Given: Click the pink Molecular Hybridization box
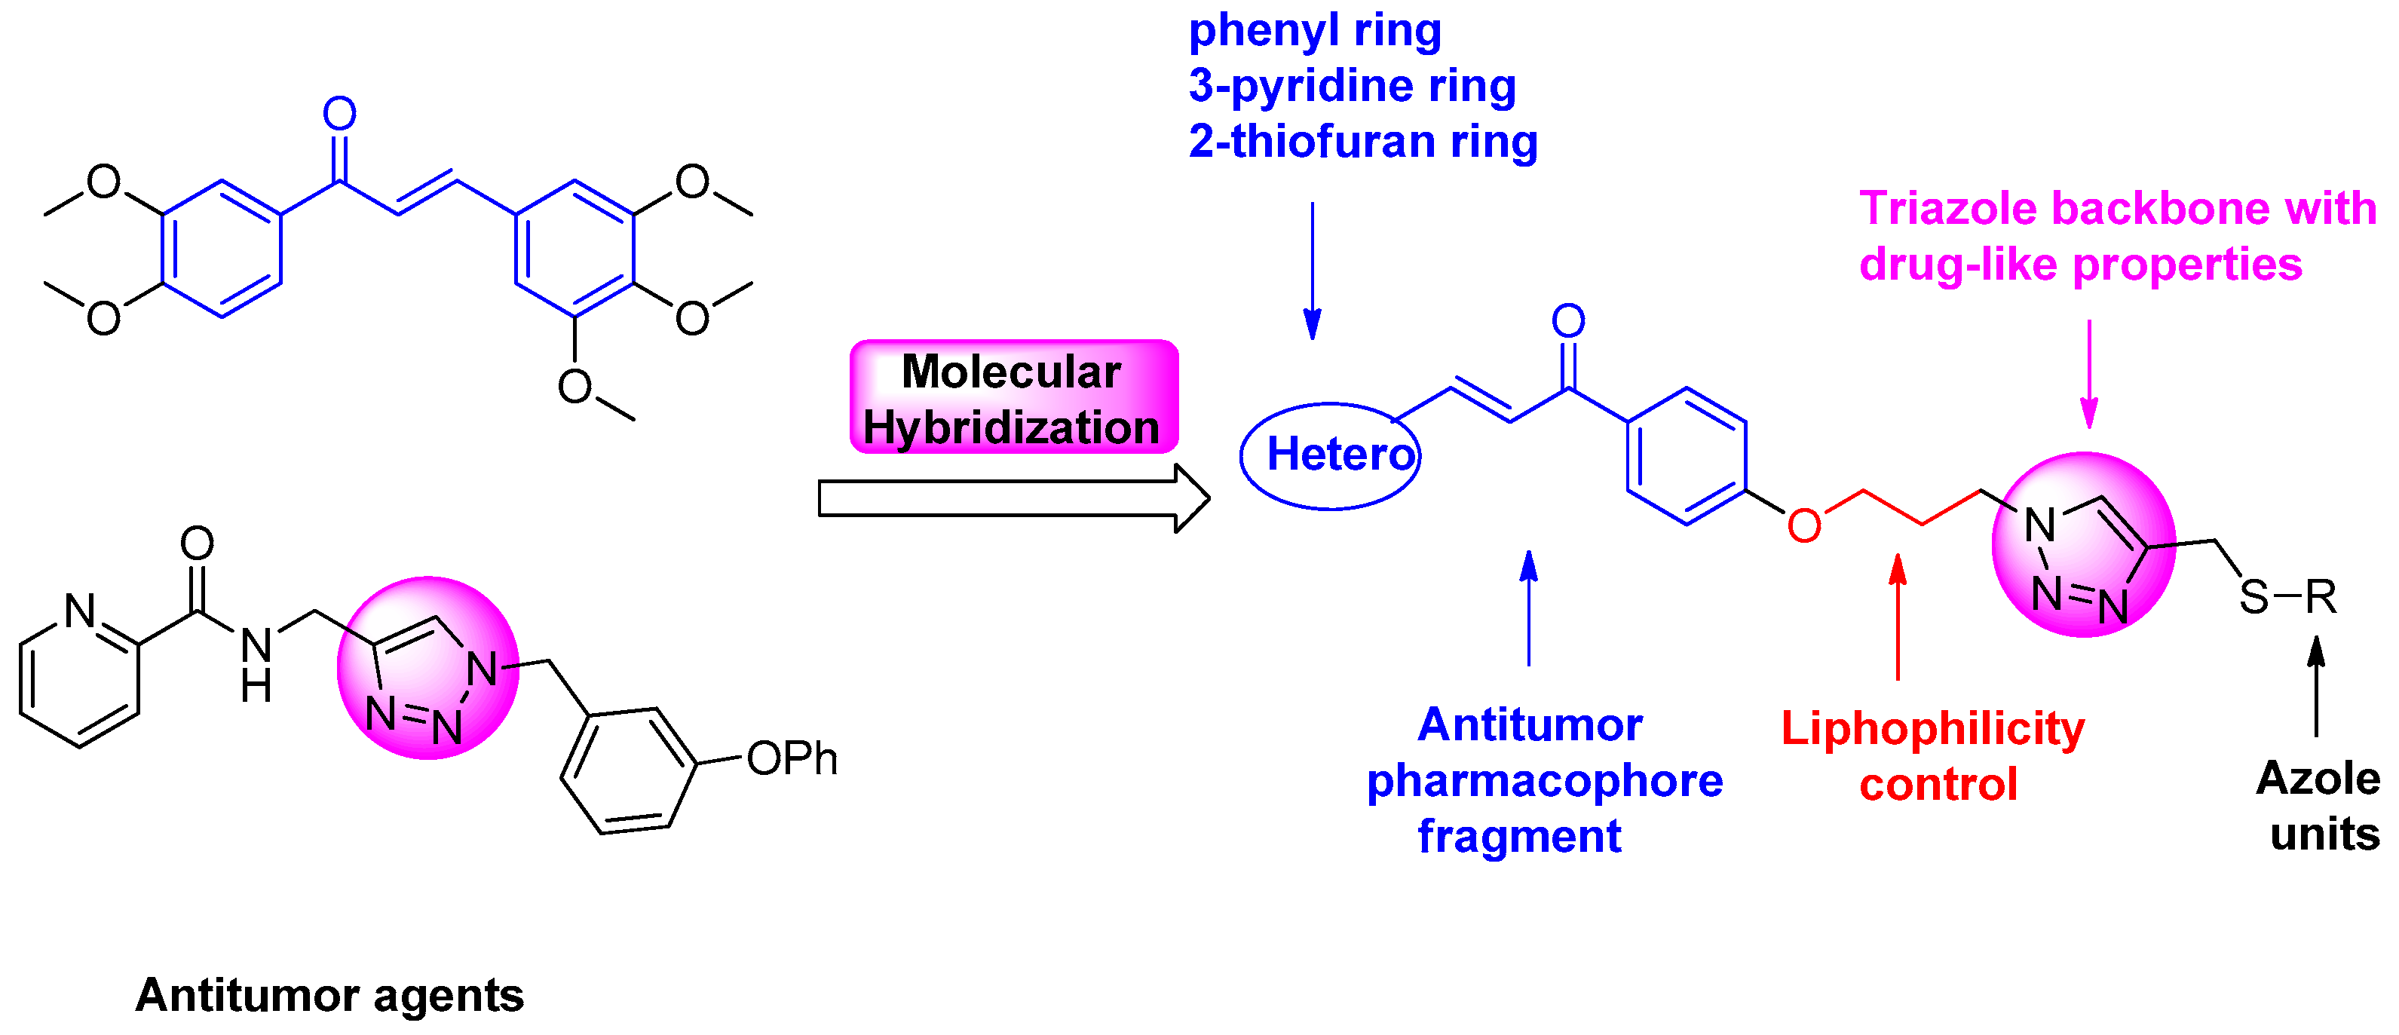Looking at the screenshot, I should tap(1013, 397).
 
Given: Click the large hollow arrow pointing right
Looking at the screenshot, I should tap(1013, 498).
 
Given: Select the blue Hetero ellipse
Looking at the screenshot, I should tap(1330, 456).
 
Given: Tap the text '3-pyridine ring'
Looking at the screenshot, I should tap(1353, 86).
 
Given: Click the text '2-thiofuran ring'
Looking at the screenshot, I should tap(1362, 142).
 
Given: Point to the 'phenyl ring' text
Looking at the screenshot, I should tap(1315, 30).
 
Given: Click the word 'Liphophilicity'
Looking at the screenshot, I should tap(1932, 728).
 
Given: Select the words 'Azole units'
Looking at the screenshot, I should tap(2319, 805).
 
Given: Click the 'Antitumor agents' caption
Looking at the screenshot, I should tap(329, 995).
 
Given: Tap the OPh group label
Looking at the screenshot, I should tap(792, 758).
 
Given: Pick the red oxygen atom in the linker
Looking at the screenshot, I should tap(1804, 526).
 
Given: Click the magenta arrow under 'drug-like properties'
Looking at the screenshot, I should tap(2089, 372).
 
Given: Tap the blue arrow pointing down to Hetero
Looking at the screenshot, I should tap(1312, 270).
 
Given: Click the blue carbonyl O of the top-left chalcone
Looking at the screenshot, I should tap(340, 114).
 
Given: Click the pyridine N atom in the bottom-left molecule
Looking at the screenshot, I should tap(81, 611).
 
